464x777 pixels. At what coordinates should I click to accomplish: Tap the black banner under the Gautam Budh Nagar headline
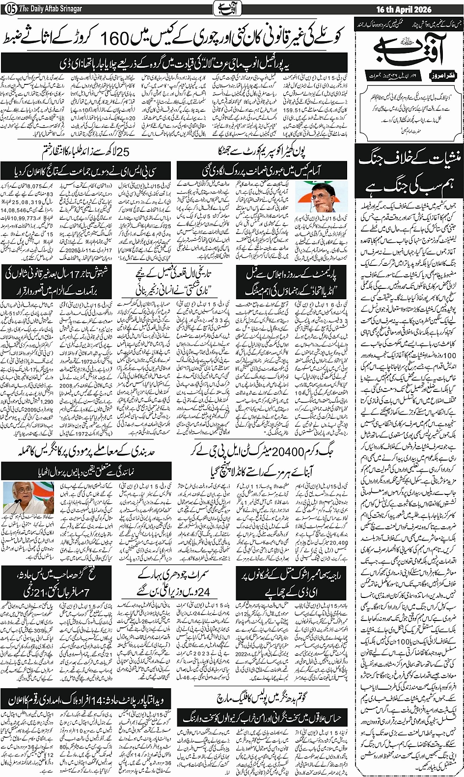point(263,718)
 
